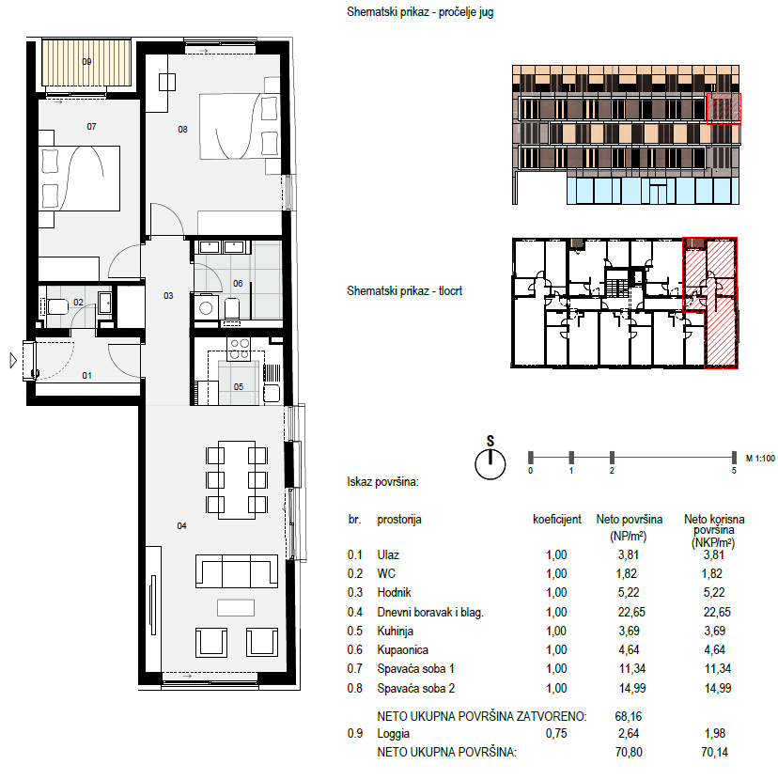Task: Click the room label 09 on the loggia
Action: coord(86,62)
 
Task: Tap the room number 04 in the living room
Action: coord(181,526)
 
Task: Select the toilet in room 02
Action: coord(56,306)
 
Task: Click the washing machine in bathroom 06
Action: coord(206,308)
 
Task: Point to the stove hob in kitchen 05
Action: coord(239,350)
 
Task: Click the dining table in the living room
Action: coord(237,480)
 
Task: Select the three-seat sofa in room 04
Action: coord(237,571)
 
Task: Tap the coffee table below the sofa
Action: coord(236,607)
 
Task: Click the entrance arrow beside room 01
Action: coord(13,360)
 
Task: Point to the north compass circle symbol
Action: coord(490,464)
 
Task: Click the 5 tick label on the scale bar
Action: coord(734,471)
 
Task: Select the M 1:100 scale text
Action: coord(760,459)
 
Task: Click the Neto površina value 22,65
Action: coord(631,612)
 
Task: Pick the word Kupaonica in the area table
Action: coord(402,649)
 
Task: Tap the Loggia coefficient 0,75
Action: coord(556,733)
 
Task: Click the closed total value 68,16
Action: coord(629,716)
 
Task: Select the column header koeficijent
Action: coord(556,520)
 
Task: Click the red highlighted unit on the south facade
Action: coord(724,108)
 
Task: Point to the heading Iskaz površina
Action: coord(382,481)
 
